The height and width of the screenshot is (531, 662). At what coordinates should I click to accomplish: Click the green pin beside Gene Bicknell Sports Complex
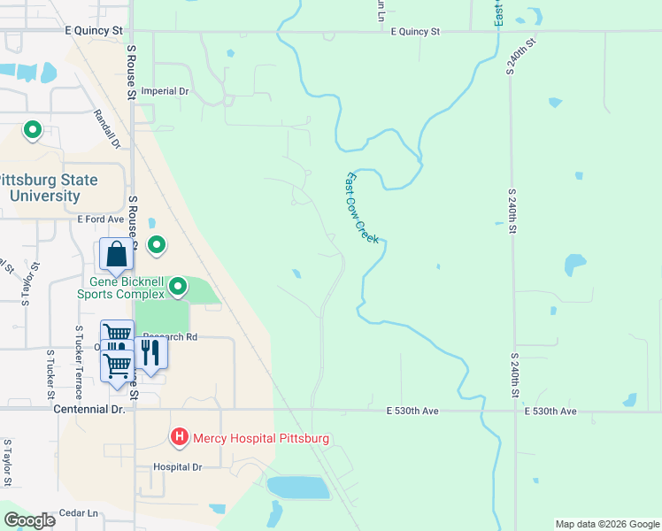point(178,286)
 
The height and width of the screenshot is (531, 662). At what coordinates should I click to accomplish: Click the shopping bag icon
point(116,255)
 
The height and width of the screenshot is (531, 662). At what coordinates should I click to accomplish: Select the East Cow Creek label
point(361,208)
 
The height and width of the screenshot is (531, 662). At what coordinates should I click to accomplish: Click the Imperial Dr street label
point(165,91)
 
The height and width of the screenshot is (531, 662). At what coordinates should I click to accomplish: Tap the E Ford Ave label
point(100,219)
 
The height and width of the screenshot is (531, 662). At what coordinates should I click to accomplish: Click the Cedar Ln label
point(78,512)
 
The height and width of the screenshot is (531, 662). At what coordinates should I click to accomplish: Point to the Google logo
point(30,520)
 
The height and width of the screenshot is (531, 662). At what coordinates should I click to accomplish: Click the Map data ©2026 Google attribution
point(606,524)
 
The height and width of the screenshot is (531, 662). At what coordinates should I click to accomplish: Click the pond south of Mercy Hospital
point(296,488)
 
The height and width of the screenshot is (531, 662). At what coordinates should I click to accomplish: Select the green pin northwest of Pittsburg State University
point(33,131)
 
